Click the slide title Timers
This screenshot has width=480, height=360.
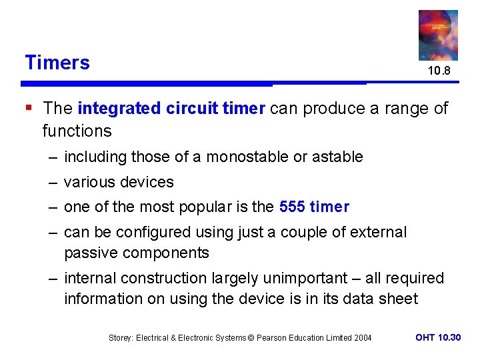point(57,63)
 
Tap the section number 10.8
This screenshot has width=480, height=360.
point(439,70)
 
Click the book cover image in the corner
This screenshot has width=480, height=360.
point(438,34)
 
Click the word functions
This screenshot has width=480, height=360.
point(77,131)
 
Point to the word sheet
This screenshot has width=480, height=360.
point(398,299)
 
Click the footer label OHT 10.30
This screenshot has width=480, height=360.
point(438,338)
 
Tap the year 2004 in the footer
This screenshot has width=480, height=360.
point(362,338)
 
